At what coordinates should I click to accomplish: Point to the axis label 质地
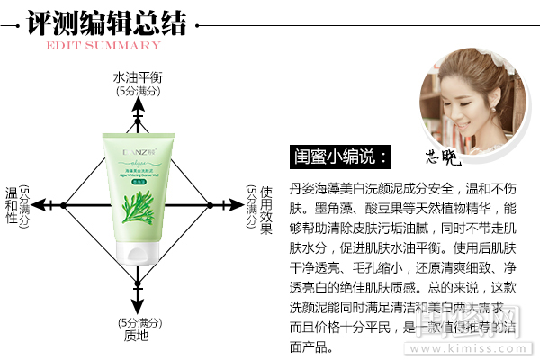point(137,336)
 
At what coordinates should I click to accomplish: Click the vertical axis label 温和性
point(13,205)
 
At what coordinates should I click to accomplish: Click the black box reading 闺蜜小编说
point(341,157)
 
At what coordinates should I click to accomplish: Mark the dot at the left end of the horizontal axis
point(63,206)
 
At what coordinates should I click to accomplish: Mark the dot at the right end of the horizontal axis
point(212,206)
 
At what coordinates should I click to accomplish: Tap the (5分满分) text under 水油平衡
point(137,91)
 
